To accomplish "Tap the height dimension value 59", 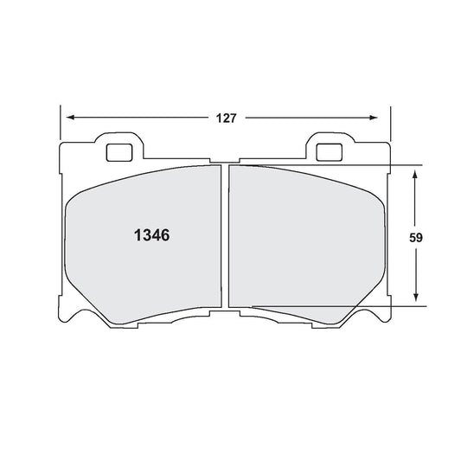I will [x=416, y=235].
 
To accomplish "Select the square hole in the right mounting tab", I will [x=329, y=152].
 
